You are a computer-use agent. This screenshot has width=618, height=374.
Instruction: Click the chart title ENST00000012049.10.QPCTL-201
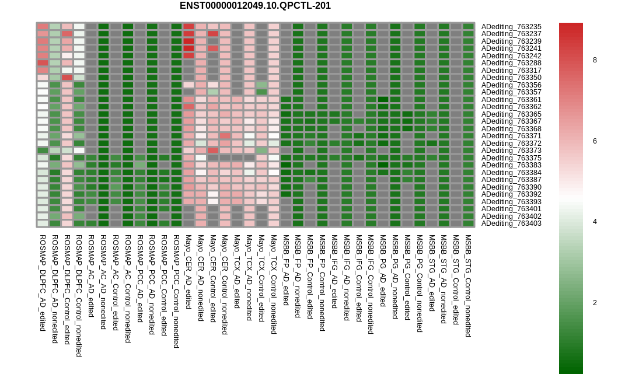(255, 6)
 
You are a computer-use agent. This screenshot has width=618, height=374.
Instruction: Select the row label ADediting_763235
(511, 27)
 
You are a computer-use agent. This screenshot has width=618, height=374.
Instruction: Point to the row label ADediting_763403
(511, 223)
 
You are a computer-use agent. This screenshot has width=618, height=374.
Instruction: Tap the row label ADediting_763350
(511, 78)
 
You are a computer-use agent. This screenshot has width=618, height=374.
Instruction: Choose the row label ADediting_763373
(511, 151)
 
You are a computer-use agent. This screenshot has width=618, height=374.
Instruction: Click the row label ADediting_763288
(511, 63)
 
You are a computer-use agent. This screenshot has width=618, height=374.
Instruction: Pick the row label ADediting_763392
(511, 194)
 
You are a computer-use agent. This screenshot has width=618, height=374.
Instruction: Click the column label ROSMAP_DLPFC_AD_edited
(43, 283)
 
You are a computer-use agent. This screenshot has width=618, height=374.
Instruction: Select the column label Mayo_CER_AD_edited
(188, 272)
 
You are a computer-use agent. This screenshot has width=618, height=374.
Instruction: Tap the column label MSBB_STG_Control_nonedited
(468, 286)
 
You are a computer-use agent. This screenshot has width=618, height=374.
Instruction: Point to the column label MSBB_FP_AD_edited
(286, 270)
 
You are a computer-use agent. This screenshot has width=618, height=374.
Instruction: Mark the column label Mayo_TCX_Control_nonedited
(274, 284)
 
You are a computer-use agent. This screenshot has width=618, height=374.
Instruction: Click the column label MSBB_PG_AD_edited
(383, 270)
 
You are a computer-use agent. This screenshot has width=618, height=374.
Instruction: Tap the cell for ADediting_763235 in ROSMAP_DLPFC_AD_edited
(43, 26)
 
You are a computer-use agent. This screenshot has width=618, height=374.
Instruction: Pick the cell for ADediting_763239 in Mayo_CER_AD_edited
(188, 41)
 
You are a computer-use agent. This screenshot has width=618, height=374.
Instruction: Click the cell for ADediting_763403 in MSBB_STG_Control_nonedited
(468, 223)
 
